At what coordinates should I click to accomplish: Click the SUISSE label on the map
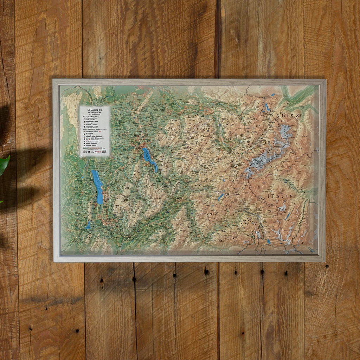coord(289,116)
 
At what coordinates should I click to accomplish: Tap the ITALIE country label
coord(280,196)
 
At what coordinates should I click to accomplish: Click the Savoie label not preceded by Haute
coord(209,214)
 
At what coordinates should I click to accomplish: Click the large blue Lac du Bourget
coord(98,186)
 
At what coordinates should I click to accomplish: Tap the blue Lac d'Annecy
coord(149,159)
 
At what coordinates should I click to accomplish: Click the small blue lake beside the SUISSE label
coord(268,106)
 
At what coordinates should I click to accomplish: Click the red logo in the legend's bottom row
coord(98,152)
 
